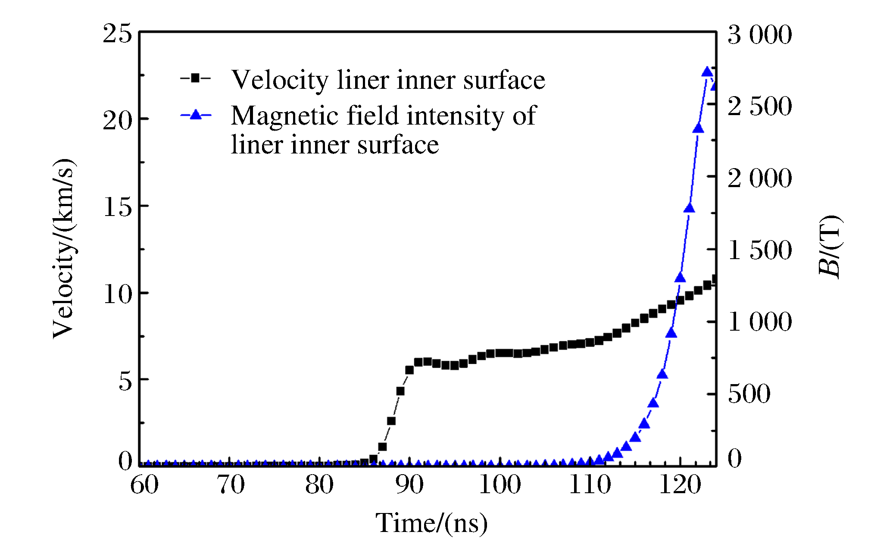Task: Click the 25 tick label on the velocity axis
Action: click(x=117, y=33)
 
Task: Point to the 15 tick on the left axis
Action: click(x=117, y=207)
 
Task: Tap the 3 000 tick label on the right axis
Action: click(x=759, y=34)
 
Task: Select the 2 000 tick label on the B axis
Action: click(x=759, y=178)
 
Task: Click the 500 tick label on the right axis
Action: click(x=749, y=394)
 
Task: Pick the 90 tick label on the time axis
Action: click(x=409, y=485)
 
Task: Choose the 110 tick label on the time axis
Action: click(x=590, y=485)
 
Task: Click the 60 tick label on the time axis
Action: click(x=144, y=485)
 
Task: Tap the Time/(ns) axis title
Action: click(x=431, y=523)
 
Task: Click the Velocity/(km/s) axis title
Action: click(x=63, y=249)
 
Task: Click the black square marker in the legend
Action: click(x=195, y=78)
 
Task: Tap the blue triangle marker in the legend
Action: click(x=196, y=114)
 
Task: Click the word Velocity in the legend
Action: click(x=280, y=80)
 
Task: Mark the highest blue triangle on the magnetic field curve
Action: click(x=707, y=72)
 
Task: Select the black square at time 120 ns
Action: click(x=680, y=300)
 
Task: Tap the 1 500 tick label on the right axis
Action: click(x=759, y=250)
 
